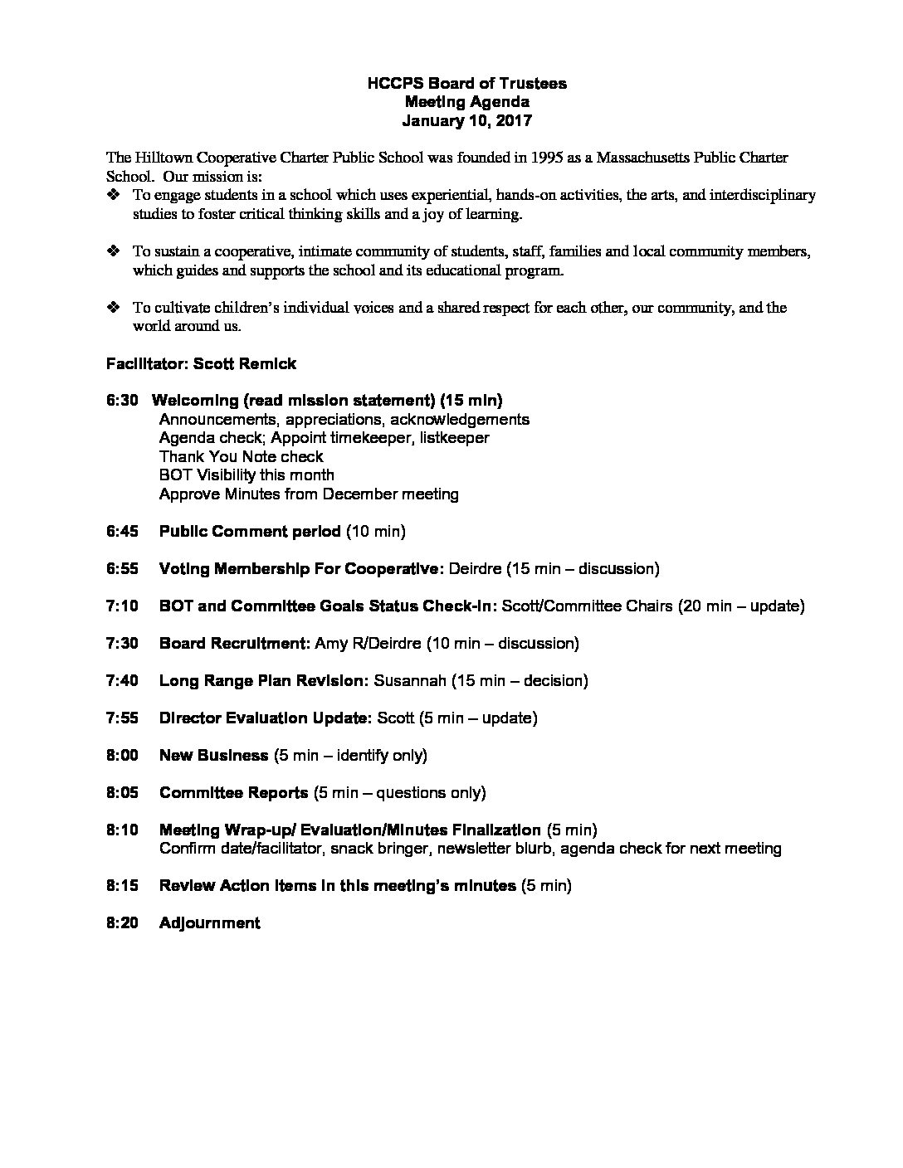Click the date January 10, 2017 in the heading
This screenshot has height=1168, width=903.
coord(467,120)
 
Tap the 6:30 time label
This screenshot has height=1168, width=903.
coord(122,401)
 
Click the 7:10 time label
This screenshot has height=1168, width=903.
coord(122,606)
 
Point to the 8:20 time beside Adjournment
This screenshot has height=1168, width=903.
coord(122,923)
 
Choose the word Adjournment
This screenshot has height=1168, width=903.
coord(209,923)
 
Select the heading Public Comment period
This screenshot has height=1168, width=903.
coord(250,532)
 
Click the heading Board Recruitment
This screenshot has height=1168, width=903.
coord(235,644)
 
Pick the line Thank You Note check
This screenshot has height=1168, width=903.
coord(241,457)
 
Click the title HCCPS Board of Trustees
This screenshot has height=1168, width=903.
coord(467,84)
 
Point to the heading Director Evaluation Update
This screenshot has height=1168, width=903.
coord(266,718)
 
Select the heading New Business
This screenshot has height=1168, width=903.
coord(213,756)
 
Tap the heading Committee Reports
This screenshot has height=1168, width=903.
coord(233,793)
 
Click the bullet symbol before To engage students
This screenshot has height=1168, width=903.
coord(114,196)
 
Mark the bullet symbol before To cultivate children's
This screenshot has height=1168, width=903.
coord(114,308)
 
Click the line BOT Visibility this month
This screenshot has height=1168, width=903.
coord(246,475)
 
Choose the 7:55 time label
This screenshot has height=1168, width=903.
coord(122,718)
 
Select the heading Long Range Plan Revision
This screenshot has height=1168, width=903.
coord(263,681)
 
